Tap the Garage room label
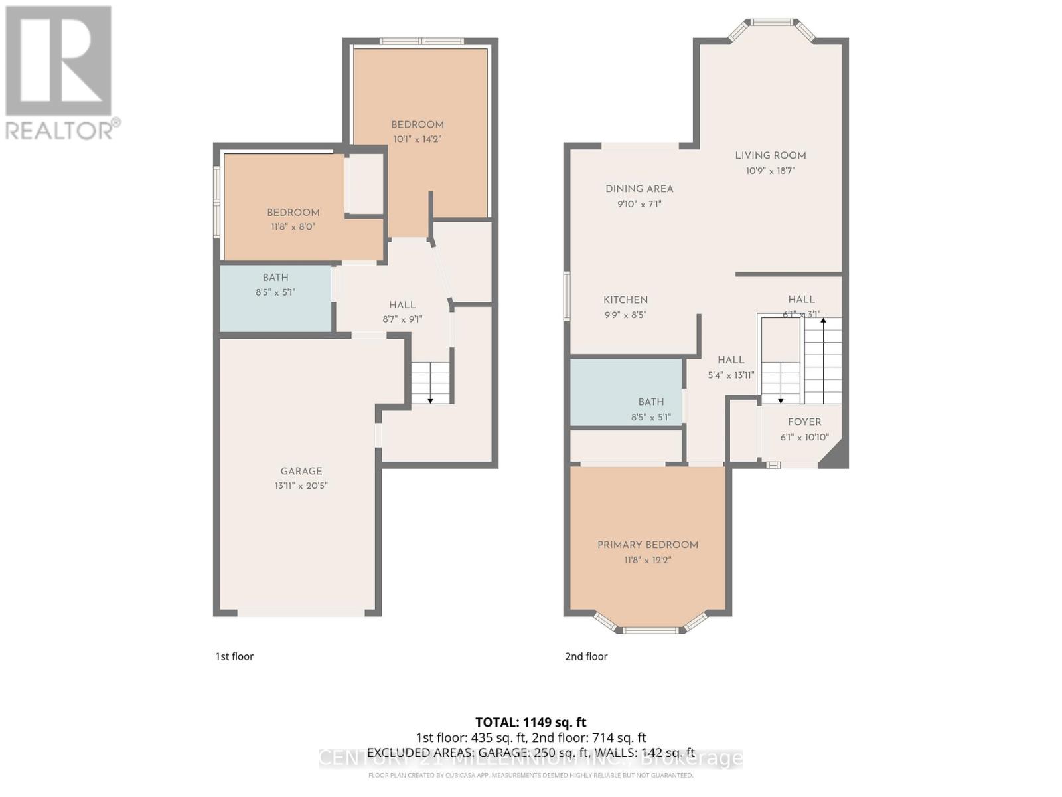[x=301, y=471]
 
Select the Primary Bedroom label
[x=647, y=545]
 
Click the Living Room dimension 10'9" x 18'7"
[x=770, y=171]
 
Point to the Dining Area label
[x=639, y=189]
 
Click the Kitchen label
[x=625, y=300]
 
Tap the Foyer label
[x=804, y=422]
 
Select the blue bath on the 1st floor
[x=275, y=299]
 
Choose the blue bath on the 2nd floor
[x=625, y=392]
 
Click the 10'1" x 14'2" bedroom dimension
[x=417, y=139]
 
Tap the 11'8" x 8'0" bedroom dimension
[x=293, y=226]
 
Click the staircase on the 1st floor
[x=430, y=383]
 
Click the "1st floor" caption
[x=234, y=656]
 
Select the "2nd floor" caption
[x=586, y=656]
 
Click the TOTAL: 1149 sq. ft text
[x=530, y=722]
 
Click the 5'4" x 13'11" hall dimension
[x=731, y=375]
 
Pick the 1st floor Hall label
[x=402, y=305]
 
